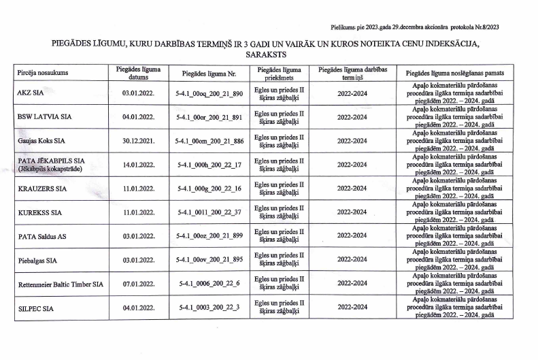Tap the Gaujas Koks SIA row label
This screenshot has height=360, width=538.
[41, 141]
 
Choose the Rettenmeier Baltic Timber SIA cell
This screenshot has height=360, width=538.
[61, 284]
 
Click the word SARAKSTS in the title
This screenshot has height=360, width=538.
[267, 53]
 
